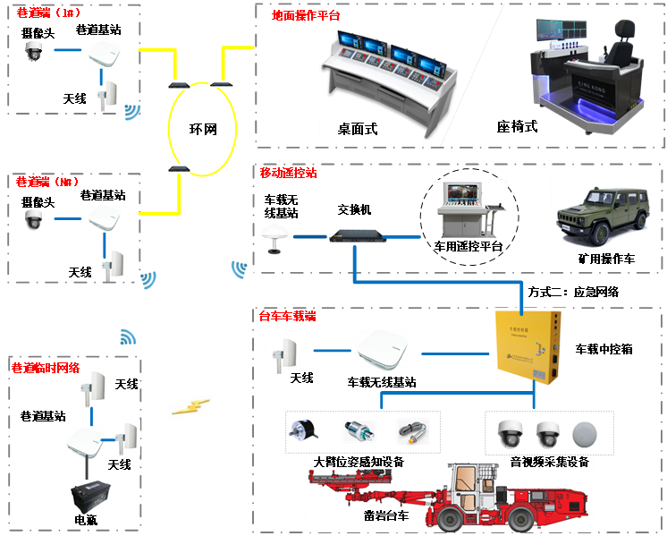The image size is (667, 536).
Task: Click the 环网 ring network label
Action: click(x=202, y=130)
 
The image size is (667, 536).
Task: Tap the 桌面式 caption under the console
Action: click(x=358, y=129)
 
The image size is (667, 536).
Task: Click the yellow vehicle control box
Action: click(x=528, y=346)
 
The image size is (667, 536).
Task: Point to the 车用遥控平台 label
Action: click(x=468, y=246)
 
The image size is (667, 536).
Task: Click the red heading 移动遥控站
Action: click(x=288, y=173)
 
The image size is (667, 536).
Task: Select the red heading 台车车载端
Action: click(x=287, y=317)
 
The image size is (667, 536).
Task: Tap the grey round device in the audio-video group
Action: click(x=585, y=434)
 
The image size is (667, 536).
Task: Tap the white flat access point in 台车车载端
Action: click(x=382, y=349)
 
